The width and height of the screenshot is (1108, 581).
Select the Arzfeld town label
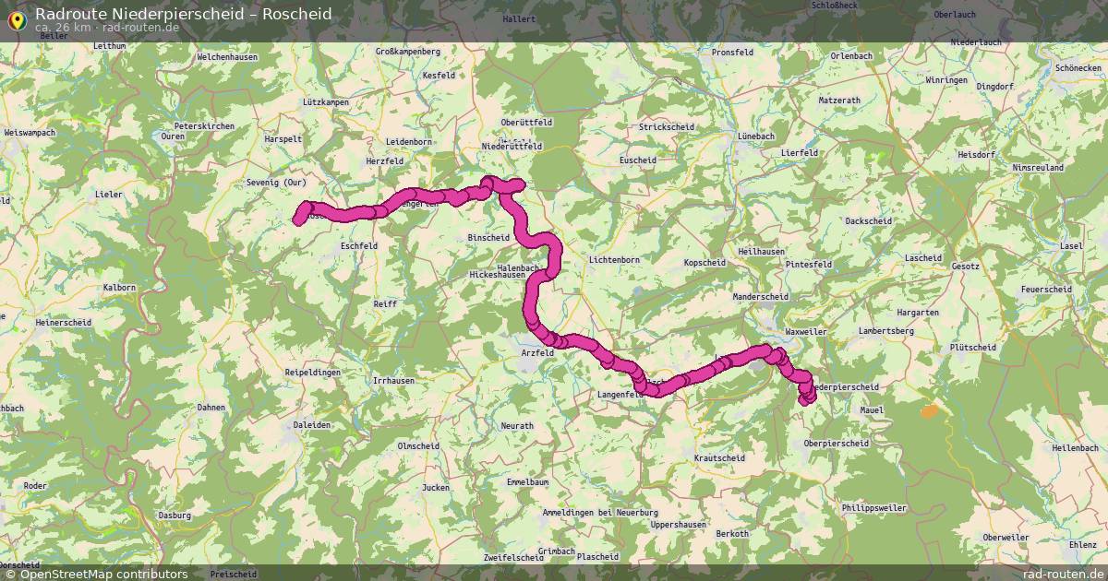click(x=537, y=352)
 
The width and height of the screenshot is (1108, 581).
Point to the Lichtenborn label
click(x=614, y=260)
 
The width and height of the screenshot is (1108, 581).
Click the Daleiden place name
click(x=311, y=424)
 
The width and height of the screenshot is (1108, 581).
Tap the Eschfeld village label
click(x=359, y=246)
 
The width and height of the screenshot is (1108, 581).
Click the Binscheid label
click(x=488, y=237)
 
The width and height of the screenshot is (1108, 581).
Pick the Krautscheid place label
click(x=718, y=457)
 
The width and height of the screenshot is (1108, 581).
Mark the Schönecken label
click(x=1078, y=68)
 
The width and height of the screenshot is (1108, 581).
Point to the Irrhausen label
click(x=393, y=380)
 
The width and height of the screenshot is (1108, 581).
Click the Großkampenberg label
click(x=407, y=52)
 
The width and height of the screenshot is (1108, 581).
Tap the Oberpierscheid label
click(x=837, y=444)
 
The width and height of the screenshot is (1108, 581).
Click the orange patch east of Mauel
click(x=929, y=411)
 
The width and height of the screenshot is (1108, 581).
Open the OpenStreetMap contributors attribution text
click(x=103, y=574)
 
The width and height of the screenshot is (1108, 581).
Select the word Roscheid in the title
click(x=297, y=14)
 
